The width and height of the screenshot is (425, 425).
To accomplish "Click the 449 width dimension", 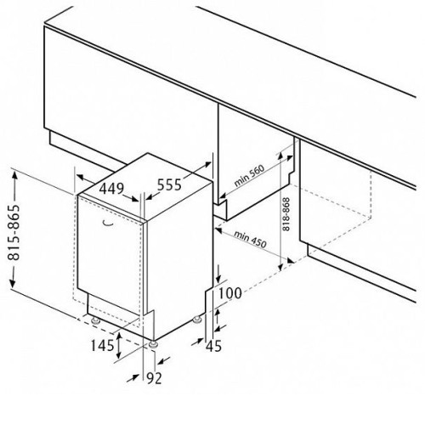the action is click(111, 189).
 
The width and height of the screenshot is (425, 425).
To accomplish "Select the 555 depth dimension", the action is click(169, 185).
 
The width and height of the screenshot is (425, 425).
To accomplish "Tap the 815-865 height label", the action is click(14, 232).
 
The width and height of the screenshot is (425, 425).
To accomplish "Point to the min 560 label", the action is click(249, 175).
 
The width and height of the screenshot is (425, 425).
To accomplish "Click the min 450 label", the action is click(250, 240).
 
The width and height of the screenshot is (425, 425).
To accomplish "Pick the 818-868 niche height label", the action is click(286, 214).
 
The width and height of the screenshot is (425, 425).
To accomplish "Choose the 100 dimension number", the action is click(230, 293).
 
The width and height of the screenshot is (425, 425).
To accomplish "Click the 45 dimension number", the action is click(214, 346).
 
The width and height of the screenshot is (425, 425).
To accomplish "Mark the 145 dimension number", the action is click(102, 345).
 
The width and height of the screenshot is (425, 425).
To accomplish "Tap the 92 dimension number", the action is click(154, 378).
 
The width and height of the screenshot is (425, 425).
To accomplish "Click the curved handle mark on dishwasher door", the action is click(108, 224).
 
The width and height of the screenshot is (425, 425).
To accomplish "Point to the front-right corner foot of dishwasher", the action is click(153, 343).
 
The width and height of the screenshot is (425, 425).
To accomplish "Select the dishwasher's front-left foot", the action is click(95, 320).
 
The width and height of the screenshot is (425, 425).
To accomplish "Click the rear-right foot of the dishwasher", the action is click(196, 320).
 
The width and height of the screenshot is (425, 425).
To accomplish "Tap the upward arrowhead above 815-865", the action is click(14, 176).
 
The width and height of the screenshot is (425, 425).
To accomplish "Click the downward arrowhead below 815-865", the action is click(13, 282).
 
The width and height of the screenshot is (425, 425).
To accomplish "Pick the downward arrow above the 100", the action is click(218, 274).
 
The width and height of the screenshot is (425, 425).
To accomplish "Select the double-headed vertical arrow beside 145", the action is click(119, 346).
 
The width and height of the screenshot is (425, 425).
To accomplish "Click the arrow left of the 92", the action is click(133, 378).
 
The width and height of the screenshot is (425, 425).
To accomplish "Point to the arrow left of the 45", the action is click(197, 341).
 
